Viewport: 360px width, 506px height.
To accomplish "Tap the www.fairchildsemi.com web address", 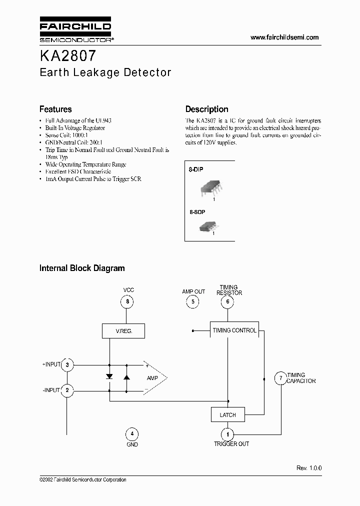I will tap(284, 37).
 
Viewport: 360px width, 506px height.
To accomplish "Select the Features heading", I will tap(55, 109).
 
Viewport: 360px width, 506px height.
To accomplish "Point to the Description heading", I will tap(206, 109).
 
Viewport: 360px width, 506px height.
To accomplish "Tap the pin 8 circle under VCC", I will tap(127, 301).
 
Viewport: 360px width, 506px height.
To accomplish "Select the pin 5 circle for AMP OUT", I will tap(192, 301).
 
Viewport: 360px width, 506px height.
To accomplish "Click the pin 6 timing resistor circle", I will tap(228, 301).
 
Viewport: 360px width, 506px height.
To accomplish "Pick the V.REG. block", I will tap(124, 330).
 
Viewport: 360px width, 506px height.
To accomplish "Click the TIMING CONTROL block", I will tap(234, 330).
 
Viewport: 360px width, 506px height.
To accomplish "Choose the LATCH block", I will tap(227, 415).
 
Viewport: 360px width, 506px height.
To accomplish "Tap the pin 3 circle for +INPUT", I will tap(67, 365).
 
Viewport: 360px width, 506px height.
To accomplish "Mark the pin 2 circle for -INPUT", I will tap(67, 390).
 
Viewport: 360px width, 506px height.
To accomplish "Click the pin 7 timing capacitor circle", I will tap(280, 378).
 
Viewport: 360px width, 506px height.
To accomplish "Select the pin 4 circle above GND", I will tap(131, 433).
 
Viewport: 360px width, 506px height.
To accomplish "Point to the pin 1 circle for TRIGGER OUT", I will tap(228, 433).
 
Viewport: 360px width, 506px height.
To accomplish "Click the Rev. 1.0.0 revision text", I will tap(309, 468).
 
